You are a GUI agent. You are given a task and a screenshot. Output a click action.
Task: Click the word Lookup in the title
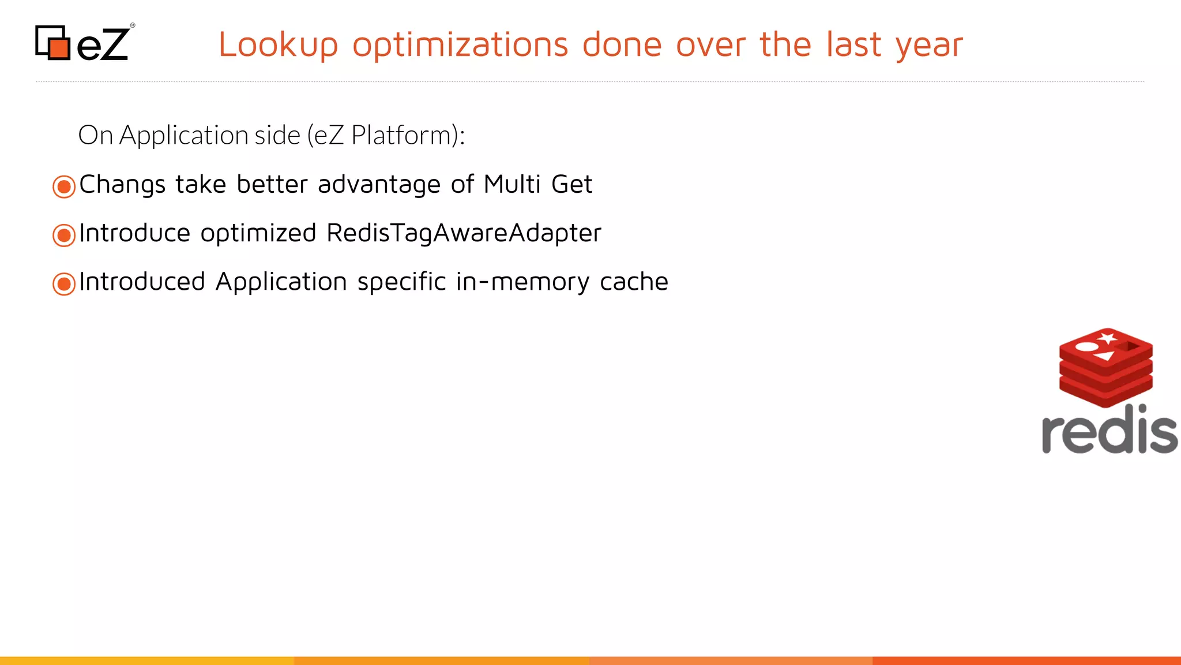278,45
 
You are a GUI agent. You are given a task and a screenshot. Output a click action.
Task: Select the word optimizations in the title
460,45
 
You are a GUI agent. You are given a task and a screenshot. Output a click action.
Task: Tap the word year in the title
929,45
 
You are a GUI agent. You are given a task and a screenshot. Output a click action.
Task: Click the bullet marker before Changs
64,186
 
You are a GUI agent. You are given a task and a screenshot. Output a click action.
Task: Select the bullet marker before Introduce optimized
64,235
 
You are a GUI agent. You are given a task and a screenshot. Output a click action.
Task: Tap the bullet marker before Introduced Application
64,283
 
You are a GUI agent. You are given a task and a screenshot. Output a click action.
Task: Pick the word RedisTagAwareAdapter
464,233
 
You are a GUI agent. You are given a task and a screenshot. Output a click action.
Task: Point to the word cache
634,282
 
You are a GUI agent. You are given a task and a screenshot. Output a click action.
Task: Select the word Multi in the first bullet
512,185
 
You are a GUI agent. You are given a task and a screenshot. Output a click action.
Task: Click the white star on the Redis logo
1107,337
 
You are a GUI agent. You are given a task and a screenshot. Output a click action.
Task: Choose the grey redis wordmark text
1109,430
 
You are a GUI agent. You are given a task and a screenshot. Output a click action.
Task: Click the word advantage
379,185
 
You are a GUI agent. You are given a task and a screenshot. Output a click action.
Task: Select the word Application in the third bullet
281,282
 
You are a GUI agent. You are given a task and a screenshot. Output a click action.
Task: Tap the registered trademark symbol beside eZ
133,25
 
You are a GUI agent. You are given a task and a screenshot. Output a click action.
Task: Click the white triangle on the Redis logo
1105,356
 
